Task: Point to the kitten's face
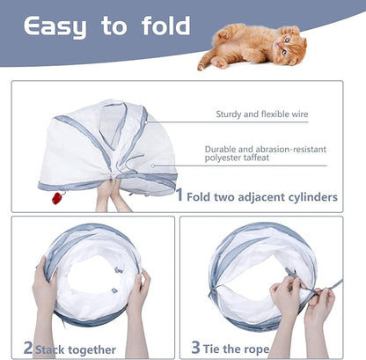point(289,41)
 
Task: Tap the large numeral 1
point(179,195)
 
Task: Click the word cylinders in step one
point(311,197)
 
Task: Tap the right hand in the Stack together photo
point(139,295)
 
